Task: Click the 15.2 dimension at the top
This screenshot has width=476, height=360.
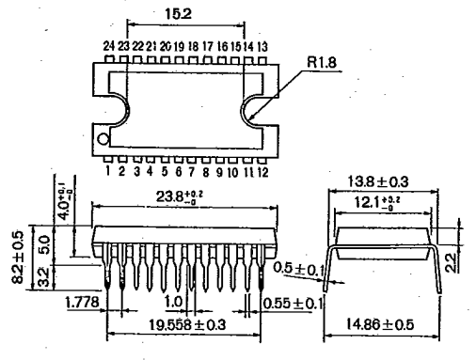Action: click(x=178, y=14)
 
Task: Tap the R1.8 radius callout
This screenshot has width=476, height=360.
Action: click(x=322, y=62)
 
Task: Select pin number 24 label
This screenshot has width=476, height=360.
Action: click(x=108, y=46)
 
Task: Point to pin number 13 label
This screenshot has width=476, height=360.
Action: click(x=262, y=47)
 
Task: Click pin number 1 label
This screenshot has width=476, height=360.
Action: click(x=108, y=171)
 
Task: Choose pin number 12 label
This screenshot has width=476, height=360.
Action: click(x=262, y=172)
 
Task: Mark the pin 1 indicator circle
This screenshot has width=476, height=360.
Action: click(x=103, y=139)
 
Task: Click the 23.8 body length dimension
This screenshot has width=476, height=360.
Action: click(x=180, y=196)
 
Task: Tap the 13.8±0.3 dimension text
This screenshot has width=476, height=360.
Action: click(x=378, y=181)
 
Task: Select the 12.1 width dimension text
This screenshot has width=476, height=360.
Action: click(x=376, y=202)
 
